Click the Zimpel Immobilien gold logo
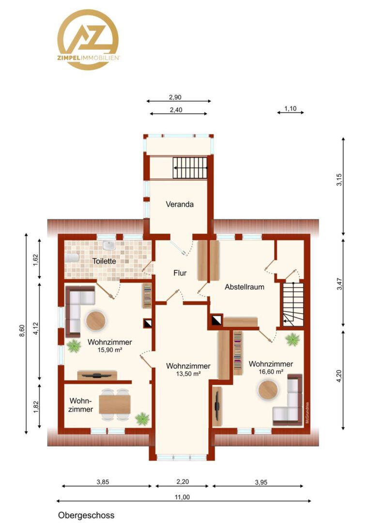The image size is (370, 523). point(88,39)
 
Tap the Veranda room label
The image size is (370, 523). point(180,204)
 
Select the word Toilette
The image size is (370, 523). point(104,261)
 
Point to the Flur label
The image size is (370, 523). point(180,273)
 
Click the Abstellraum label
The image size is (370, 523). point(244,287)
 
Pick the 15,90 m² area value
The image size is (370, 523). point(110,350)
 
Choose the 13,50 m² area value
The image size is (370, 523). point(188,374)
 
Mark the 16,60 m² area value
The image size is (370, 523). point(271,371)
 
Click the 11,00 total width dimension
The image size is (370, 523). point(182,497)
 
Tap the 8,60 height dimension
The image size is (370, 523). point(22,331)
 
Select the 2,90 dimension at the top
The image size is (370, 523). point(175,97)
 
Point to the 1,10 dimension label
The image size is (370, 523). point(290,108)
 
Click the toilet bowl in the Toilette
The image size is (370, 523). point(72,258)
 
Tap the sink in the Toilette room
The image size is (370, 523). point(109,245)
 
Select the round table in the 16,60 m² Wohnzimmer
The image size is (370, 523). point(268,390)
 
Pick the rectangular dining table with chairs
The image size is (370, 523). point(115,404)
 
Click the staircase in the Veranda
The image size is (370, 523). point(189,168)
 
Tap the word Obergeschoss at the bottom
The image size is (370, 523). point(86,515)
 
